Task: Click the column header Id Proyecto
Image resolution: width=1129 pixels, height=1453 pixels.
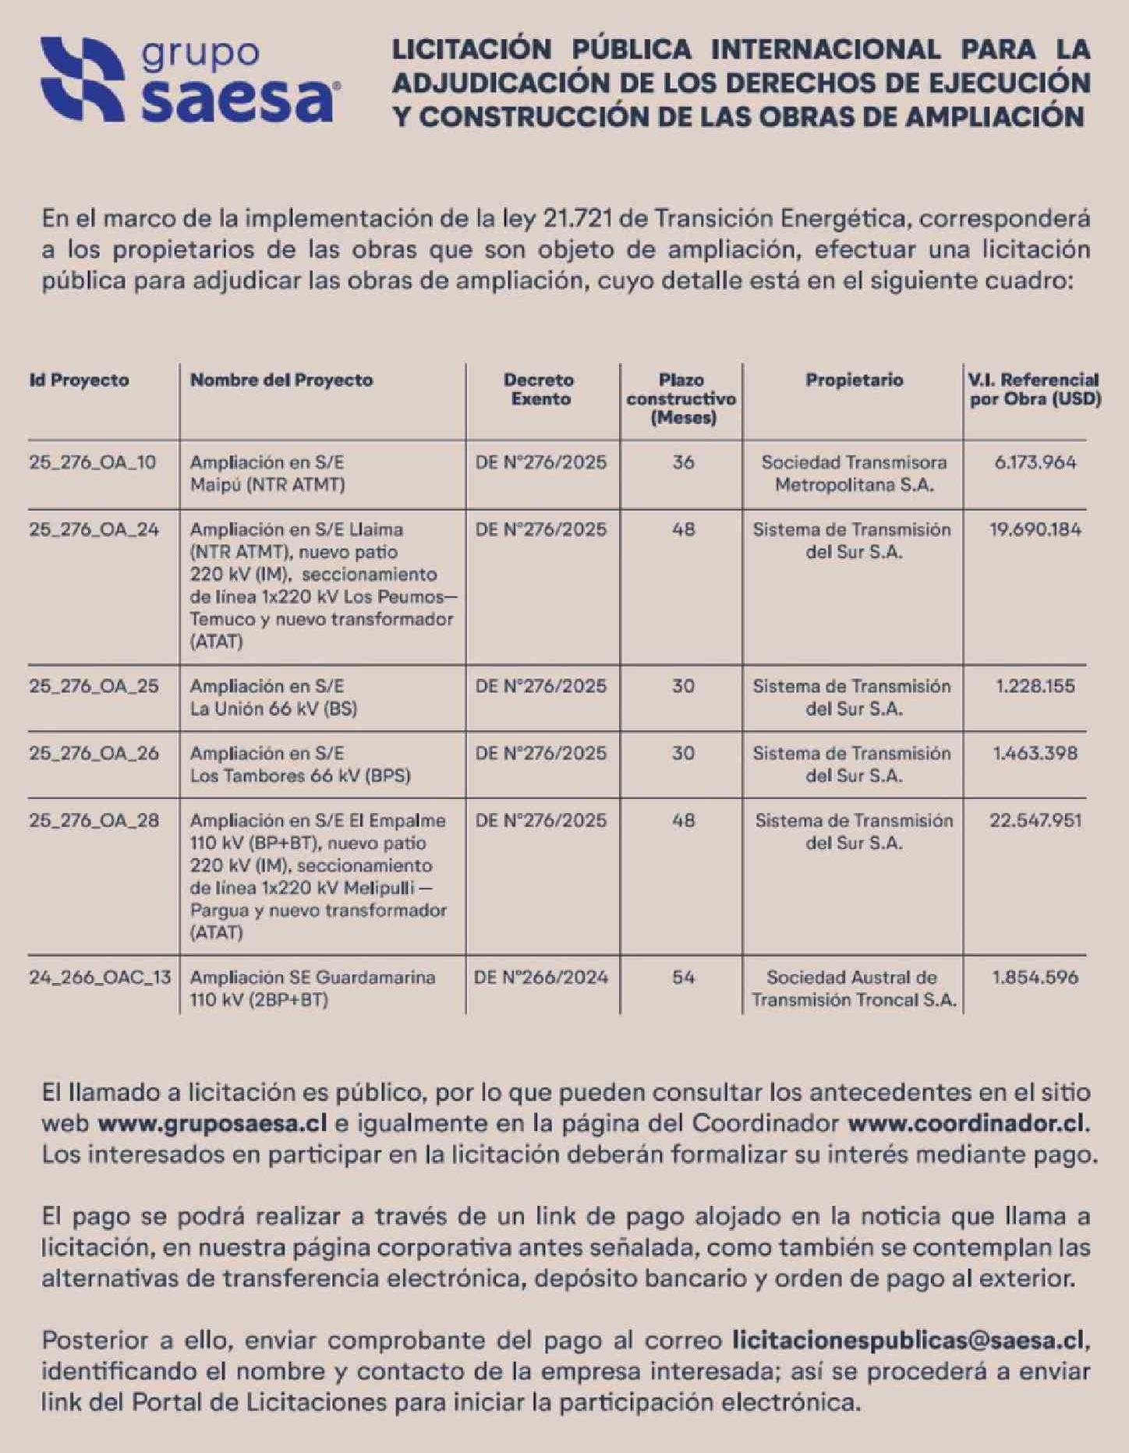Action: point(79,380)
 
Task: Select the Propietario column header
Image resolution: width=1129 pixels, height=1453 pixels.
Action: point(854,380)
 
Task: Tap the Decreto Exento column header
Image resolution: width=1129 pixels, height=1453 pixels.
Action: point(540,389)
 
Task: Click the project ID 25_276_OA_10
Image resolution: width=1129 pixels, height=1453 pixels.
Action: point(92,462)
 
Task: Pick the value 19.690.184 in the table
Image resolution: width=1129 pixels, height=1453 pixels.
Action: point(1035,530)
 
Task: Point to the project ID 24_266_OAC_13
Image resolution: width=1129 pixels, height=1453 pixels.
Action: point(100,978)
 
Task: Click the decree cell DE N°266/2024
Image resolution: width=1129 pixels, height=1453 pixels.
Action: point(540,978)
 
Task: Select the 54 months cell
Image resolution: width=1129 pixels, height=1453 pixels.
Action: point(683,978)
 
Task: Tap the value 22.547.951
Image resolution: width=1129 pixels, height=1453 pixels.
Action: point(1035,821)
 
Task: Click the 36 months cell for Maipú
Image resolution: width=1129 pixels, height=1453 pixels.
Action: point(683,462)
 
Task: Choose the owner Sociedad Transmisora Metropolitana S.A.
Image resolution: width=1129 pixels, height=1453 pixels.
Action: point(854,473)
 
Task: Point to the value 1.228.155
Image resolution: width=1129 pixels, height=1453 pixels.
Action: point(1035,687)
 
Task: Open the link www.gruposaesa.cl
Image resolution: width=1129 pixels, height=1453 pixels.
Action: point(212,1124)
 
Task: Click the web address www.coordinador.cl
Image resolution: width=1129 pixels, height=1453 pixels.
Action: point(967,1124)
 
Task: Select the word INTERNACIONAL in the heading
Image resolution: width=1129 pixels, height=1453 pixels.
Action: point(825,49)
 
